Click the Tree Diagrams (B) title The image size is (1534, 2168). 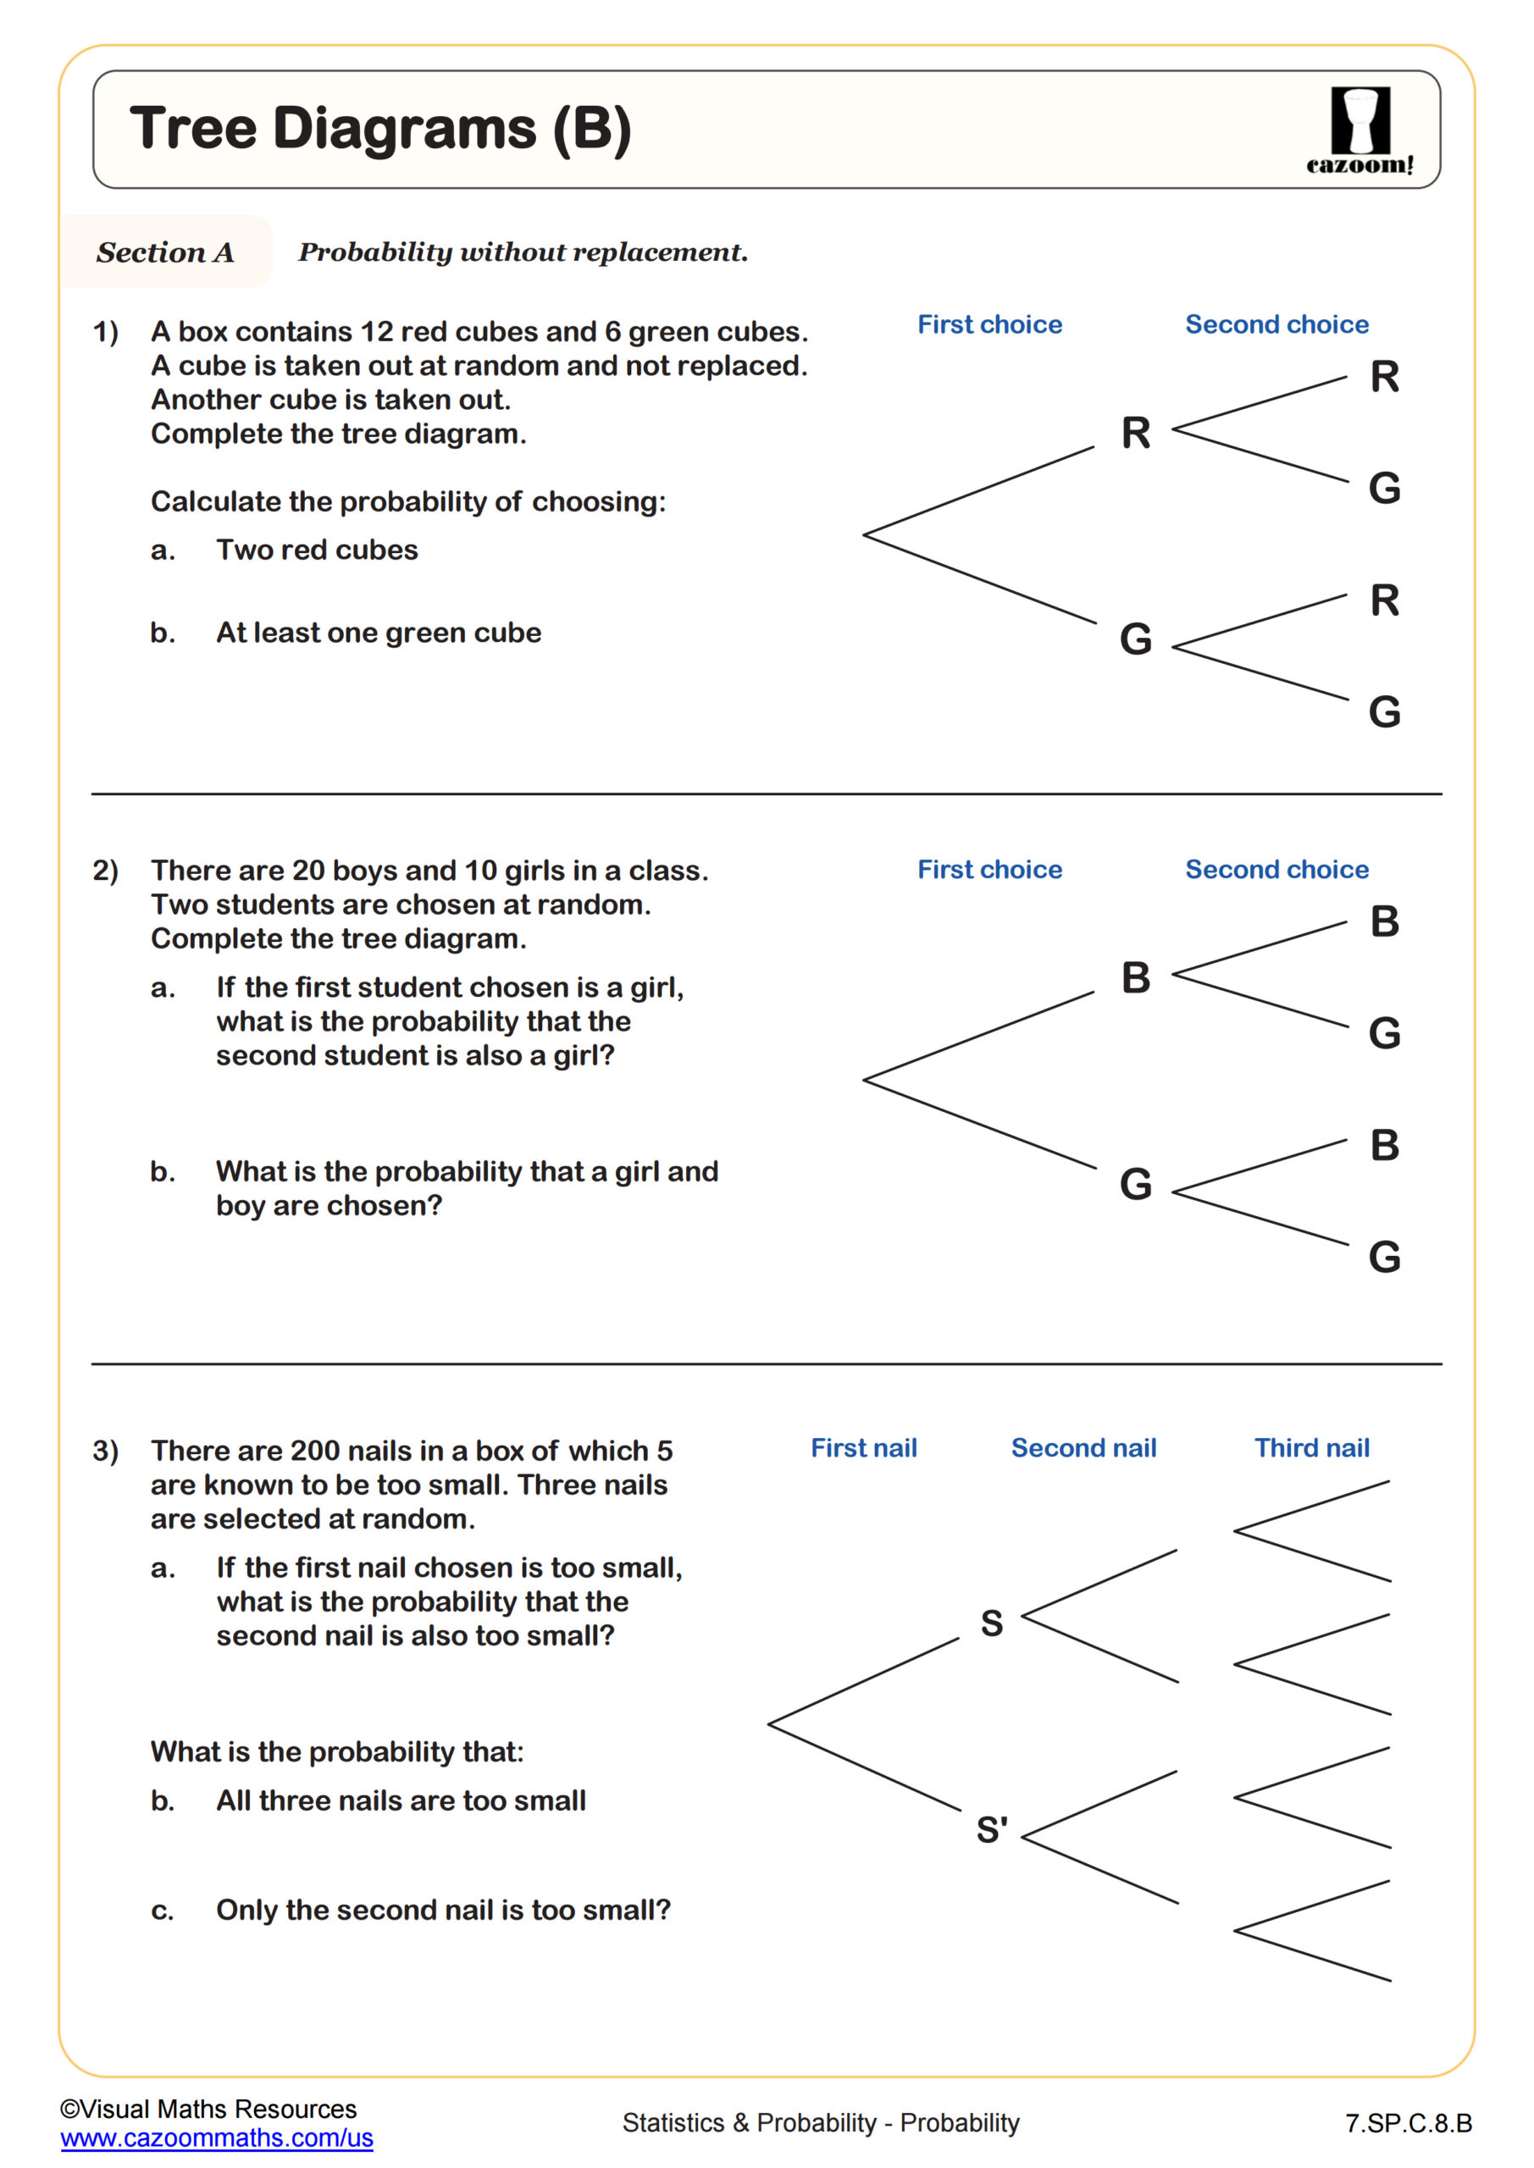(x=379, y=129)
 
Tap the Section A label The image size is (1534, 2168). (x=164, y=252)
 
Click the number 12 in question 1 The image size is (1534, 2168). (x=376, y=331)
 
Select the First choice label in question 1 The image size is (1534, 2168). (x=989, y=325)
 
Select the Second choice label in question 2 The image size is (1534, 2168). (x=1276, y=869)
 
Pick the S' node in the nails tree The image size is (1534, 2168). (x=992, y=1830)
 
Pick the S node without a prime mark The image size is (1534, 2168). (x=991, y=1623)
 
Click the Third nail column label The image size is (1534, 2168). (x=1311, y=1447)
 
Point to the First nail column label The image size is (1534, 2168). (x=863, y=1447)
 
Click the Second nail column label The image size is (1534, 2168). (x=1083, y=1447)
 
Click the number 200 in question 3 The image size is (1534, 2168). (x=314, y=1451)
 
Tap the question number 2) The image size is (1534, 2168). (x=105, y=870)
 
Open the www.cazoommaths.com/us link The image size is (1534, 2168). (x=216, y=2138)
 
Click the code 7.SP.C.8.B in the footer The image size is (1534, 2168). (x=1409, y=2122)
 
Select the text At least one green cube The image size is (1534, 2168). (x=378, y=633)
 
